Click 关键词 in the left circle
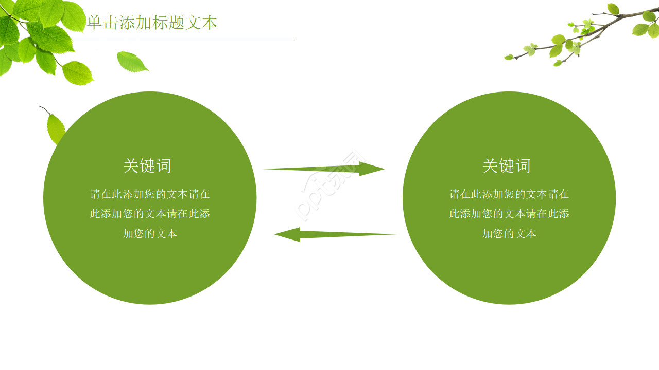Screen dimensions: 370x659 coord(147,166)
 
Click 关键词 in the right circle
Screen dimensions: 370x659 coord(507,166)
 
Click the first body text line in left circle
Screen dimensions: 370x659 coord(150,194)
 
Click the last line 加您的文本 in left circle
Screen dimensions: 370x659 coord(150,234)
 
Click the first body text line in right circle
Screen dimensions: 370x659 coord(509,194)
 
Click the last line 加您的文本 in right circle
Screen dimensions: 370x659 coord(509,234)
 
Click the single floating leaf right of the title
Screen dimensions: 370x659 coord(131,62)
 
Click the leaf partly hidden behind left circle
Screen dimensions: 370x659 coord(55,128)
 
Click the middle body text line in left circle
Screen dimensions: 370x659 coord(150,214)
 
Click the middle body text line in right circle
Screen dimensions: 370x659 coord(509,214)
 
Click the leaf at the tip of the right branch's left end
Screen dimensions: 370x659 coord(509,57)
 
